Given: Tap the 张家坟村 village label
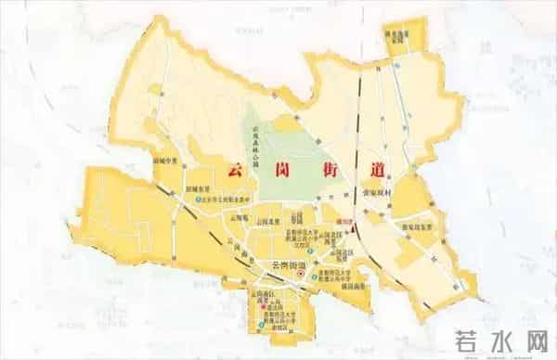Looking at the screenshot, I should (382, 196).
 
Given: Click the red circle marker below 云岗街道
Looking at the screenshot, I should (313, 276).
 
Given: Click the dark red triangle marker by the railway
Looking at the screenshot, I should (356, 223).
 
